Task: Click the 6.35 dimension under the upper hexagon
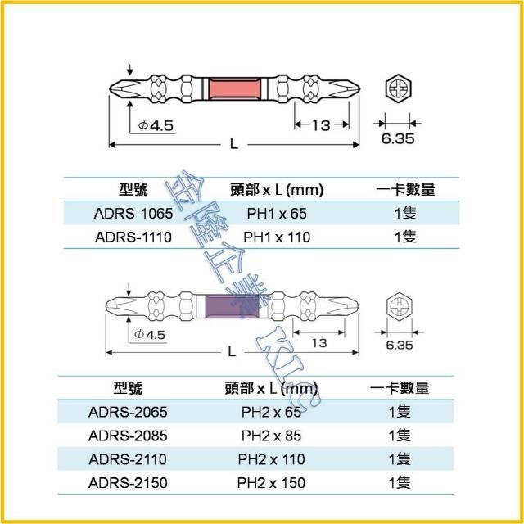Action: click(397, 139)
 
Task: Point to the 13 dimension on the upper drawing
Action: click(320, 124)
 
